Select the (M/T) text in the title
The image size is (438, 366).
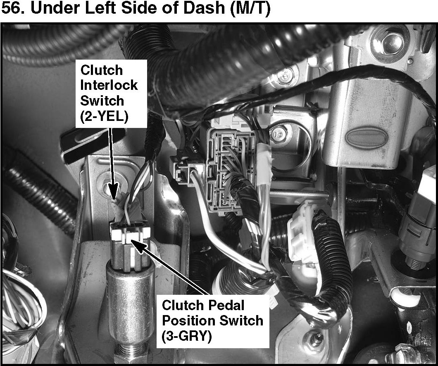(250, 9)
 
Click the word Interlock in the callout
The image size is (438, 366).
(109, 85)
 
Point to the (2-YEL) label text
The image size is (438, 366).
(104, 116)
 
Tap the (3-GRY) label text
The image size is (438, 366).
(187, 336)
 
